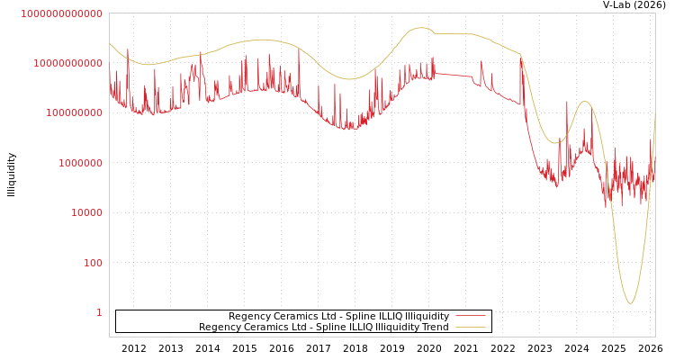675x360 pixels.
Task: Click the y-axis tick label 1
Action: [x=99, y=312]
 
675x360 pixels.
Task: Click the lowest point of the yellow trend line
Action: [x=630, y=302]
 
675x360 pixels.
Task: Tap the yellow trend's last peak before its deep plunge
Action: [x=585, y=102]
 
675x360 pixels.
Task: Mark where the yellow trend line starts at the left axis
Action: [x=110, y=43]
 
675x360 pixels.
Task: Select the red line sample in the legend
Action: [x=471, y=316]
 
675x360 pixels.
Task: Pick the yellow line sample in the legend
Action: [x=471, y=327]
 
